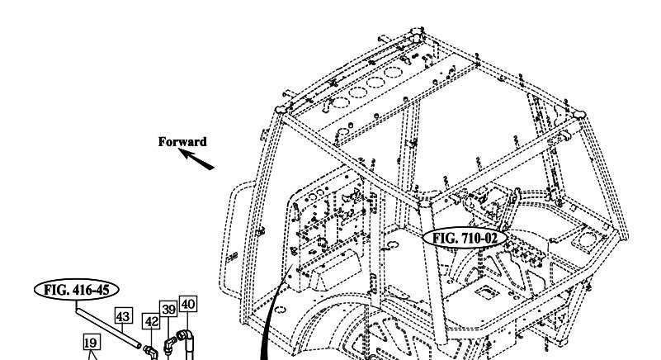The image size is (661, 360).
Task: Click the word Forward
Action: pos(182,142)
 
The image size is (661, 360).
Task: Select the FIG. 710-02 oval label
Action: pos(465,239)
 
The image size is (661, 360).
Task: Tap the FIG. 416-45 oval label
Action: pos(76,290)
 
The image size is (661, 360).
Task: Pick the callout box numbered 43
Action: pos(123,316)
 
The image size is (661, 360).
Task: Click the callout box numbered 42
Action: pos(151,321)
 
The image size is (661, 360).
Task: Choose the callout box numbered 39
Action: pos(168,309)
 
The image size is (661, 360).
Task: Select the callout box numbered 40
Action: pos(187,304)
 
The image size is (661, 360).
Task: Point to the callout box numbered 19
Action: pos(91,343)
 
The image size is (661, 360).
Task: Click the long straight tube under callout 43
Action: pos(108,329)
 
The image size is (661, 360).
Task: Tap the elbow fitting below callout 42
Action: pos(149,352)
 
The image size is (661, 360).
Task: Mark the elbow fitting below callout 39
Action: pos(170,345)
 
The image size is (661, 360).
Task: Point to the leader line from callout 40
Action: pos(187,320)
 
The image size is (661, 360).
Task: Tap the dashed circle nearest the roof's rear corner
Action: pos(394,72)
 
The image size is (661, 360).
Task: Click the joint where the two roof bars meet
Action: pos(424,203)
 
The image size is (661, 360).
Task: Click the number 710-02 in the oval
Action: pos(479,239)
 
